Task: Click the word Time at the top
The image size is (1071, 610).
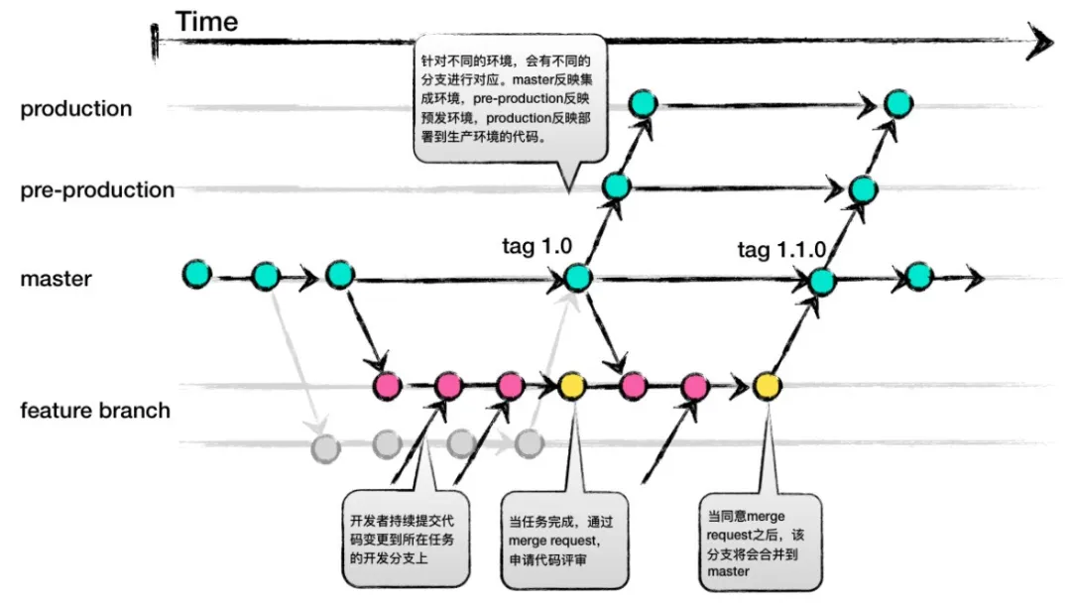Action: tap(206, 21)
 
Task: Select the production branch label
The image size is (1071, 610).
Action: tap(76, 109)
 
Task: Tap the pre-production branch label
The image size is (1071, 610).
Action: tap(97, 189)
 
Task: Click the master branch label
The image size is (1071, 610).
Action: tap(56, 279)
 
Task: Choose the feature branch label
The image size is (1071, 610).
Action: tap(95, 410)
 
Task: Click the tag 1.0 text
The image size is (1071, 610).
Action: tap(538, 247)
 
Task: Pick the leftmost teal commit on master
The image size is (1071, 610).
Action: tap(197, 275)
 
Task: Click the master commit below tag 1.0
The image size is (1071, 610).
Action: tap(577, 278)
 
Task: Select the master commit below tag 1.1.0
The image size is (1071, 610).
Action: tap(821, 282)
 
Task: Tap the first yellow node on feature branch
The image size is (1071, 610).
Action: tap(572, 385)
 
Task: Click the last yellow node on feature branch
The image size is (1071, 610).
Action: tap(765, 385)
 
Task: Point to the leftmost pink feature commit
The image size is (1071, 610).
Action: tap(386, 385)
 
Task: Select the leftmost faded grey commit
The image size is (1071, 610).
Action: tap(323, 447)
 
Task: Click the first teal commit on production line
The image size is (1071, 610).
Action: tap(644, 101)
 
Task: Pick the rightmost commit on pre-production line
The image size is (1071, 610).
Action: tap(862, 188)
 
